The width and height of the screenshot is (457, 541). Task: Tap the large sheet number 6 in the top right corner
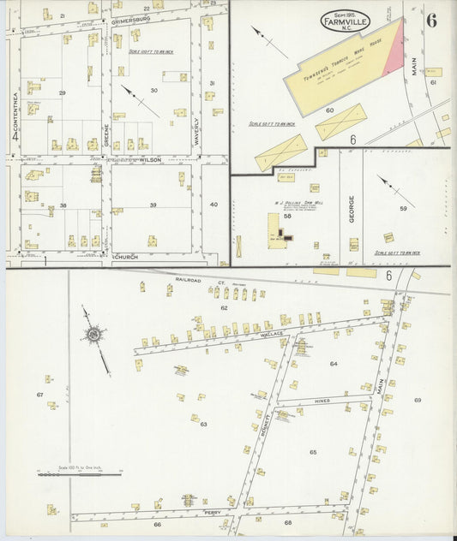[431, 21]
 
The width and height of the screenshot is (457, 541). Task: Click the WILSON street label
[150, 159]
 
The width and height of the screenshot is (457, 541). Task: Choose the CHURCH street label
[126, 256]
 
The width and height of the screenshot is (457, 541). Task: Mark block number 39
[153, 205]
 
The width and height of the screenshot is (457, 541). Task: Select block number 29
[62, 92]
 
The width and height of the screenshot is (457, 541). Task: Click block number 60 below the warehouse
[328, 110]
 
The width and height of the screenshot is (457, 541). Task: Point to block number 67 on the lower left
[39, 395]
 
